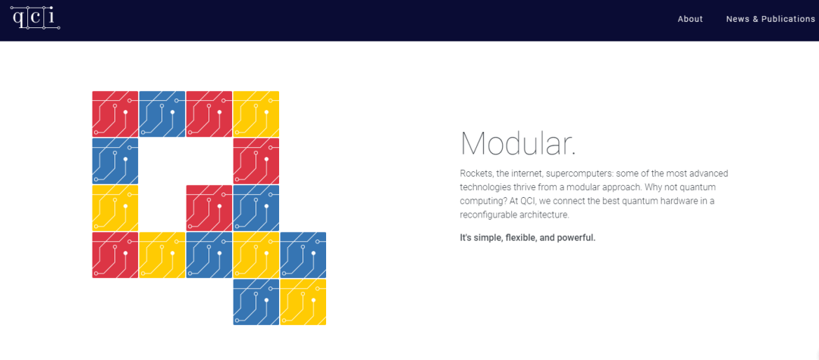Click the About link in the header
(690, 19)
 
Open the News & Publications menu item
(770, 19)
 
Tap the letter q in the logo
(17, 17)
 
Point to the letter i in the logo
(51, 16)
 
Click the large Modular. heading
(518, 143)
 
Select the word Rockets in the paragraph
(474, 173)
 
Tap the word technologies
(483, 186)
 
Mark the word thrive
(520, 186)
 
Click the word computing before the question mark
(479, 201)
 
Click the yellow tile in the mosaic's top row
(256, 114)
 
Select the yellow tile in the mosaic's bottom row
(303, 302)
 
